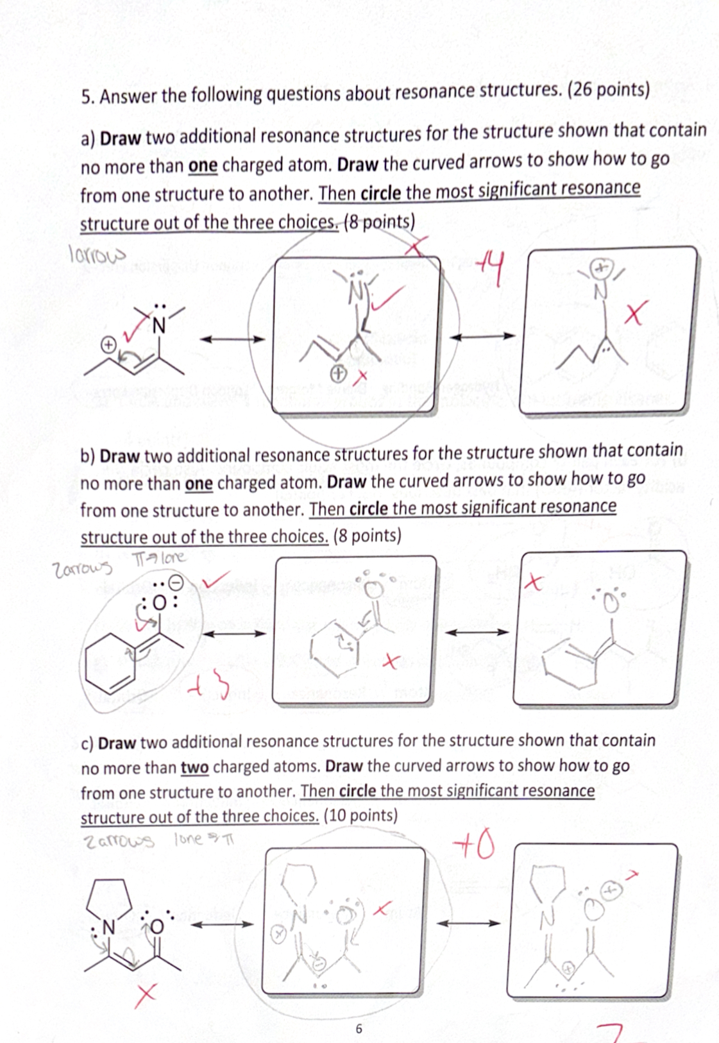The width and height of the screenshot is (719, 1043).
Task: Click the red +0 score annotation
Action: tap(474, 846)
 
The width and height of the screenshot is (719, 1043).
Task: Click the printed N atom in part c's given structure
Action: tap(108, 928)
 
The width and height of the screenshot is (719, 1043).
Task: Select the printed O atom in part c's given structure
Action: tap(157, 926)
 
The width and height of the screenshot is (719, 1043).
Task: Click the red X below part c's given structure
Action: tap(146, 996)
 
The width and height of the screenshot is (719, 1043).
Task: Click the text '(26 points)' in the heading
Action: tap(609, 89)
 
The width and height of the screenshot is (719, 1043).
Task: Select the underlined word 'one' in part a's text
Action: tap(203, 165)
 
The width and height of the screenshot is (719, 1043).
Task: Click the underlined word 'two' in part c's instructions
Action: tap(194, 767)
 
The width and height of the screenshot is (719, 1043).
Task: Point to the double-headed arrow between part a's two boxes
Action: tap(482, 336)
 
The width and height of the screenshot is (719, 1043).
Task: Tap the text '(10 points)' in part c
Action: tap(360, 815)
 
